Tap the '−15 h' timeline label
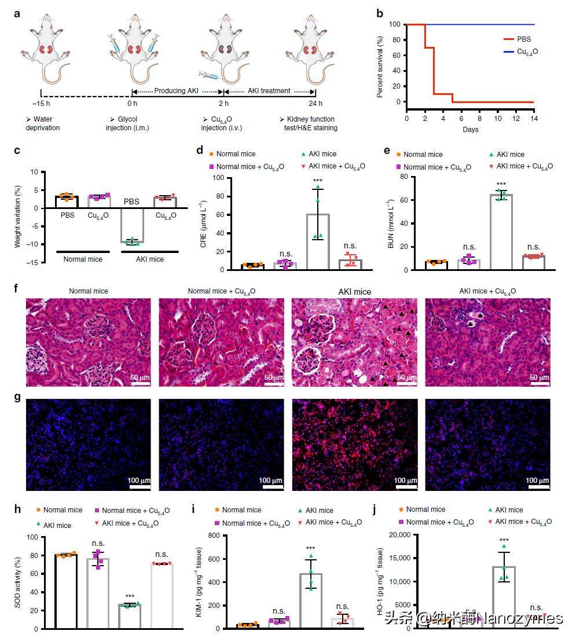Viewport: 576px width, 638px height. click(x=41, y=104)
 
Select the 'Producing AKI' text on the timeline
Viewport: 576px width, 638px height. click(x=178, y=91)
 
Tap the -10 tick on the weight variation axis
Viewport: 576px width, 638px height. click(x=36, y=244)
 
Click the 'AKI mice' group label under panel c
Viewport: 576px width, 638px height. click(x=149, y=259)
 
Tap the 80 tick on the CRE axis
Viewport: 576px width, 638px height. click(x=219, y=196)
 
